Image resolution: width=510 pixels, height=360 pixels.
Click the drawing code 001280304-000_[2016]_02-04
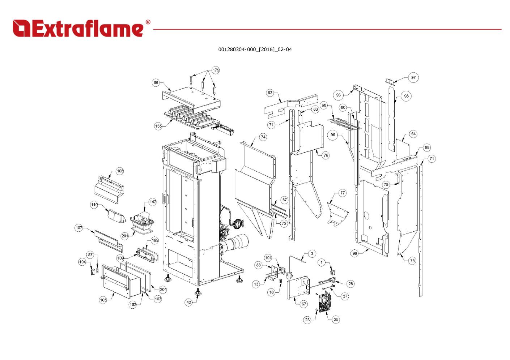tap(255, 50)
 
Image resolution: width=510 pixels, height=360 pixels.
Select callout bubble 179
tap(216, 70)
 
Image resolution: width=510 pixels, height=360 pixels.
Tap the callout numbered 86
tap(156, 83)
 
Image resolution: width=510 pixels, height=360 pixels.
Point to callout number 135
tap(158, 126)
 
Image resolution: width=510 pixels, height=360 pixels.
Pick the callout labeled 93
tap(270, 93)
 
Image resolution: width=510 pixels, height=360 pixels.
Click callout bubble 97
tap(413, 77)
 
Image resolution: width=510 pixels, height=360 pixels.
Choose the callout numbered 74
tap(263, 137)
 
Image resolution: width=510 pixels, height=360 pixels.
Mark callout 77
tap(343, 193)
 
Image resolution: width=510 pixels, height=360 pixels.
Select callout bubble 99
tap(355, 253)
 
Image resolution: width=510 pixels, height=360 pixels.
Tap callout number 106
tap(120, 171)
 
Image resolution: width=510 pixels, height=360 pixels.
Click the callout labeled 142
tap(153, 202)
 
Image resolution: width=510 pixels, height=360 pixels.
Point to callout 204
tap(163, 289)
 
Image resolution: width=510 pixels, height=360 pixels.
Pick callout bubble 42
tap(189, 303)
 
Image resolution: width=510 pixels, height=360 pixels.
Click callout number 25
tap(336, 320)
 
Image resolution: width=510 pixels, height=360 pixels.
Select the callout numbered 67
tap(304, 304)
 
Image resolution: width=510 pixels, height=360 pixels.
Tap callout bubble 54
tap(413, 134)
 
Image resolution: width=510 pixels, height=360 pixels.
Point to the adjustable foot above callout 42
tap(198, 293)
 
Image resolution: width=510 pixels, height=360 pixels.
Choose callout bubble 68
tap(324, 106)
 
